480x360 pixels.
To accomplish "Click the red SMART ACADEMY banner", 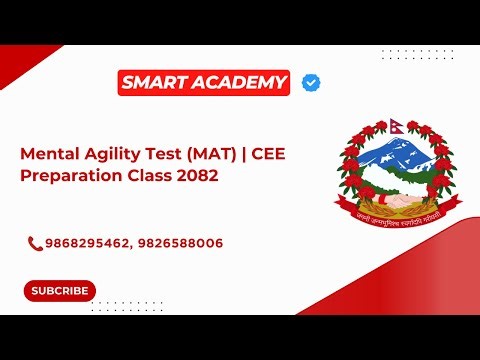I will (204, 83).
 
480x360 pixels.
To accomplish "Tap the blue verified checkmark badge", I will (311, 83).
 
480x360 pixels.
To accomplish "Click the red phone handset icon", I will (35, 243).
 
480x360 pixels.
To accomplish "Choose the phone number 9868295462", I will (83, 243).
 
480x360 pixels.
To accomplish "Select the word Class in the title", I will (150, 175).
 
